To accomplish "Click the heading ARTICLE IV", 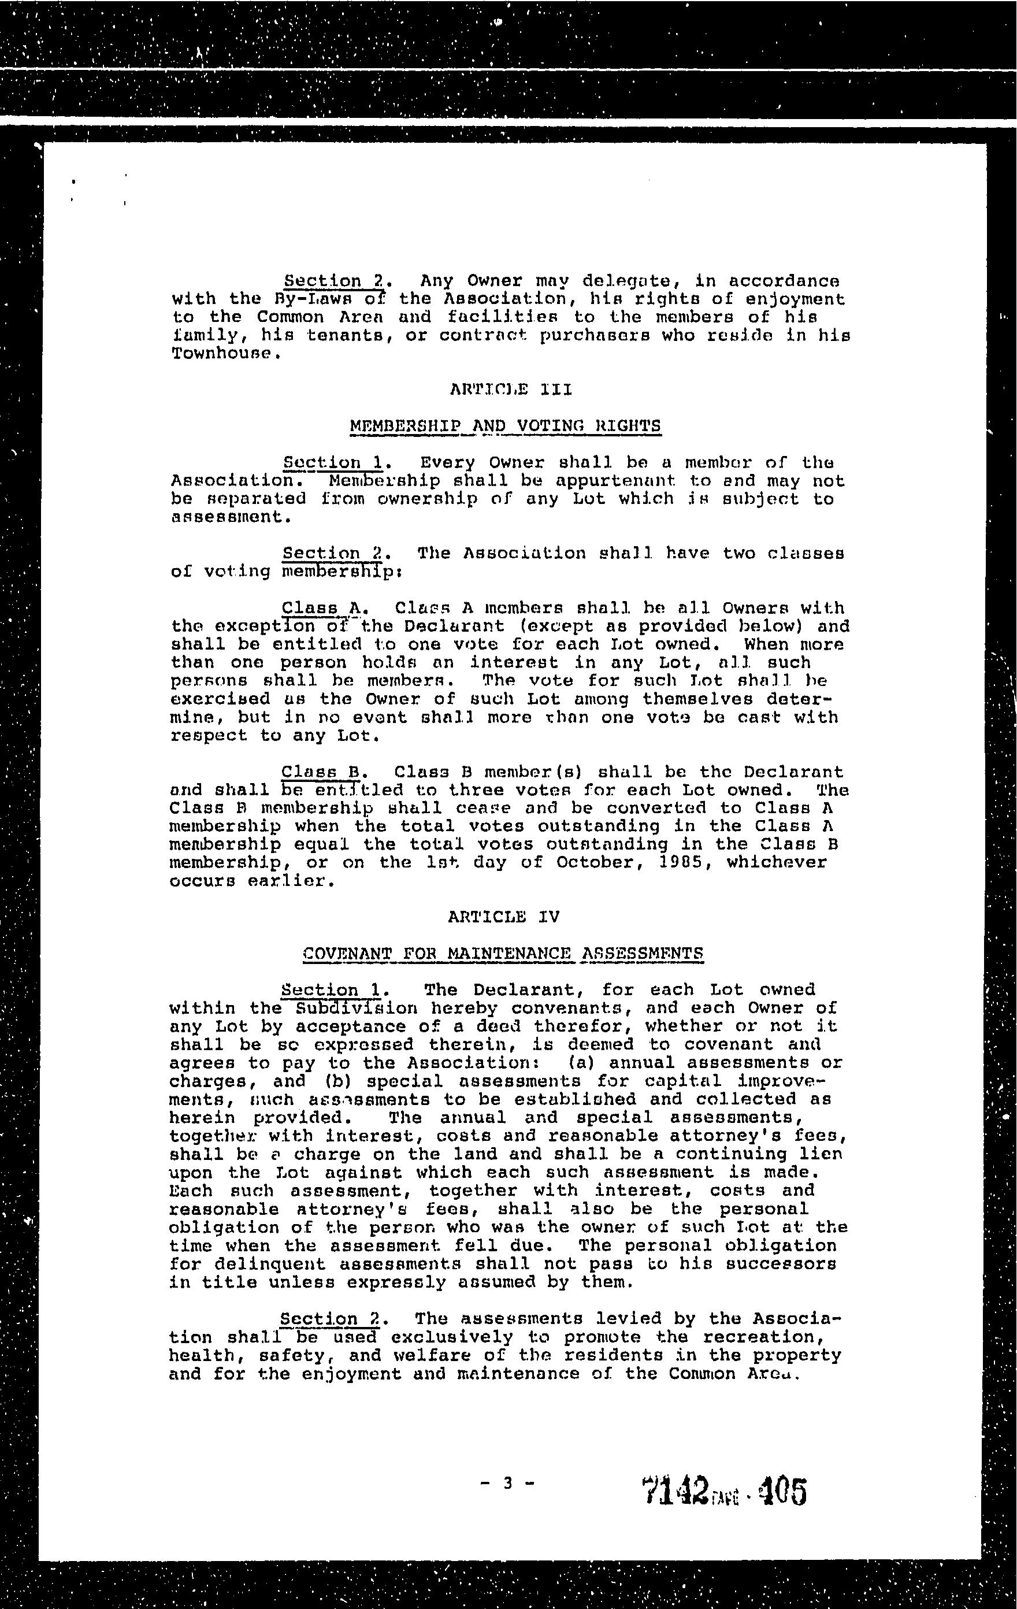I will click(503, 917).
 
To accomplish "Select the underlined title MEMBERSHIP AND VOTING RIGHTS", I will click(505, 425).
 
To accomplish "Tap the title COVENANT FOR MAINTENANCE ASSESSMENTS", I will click(503, 954).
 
